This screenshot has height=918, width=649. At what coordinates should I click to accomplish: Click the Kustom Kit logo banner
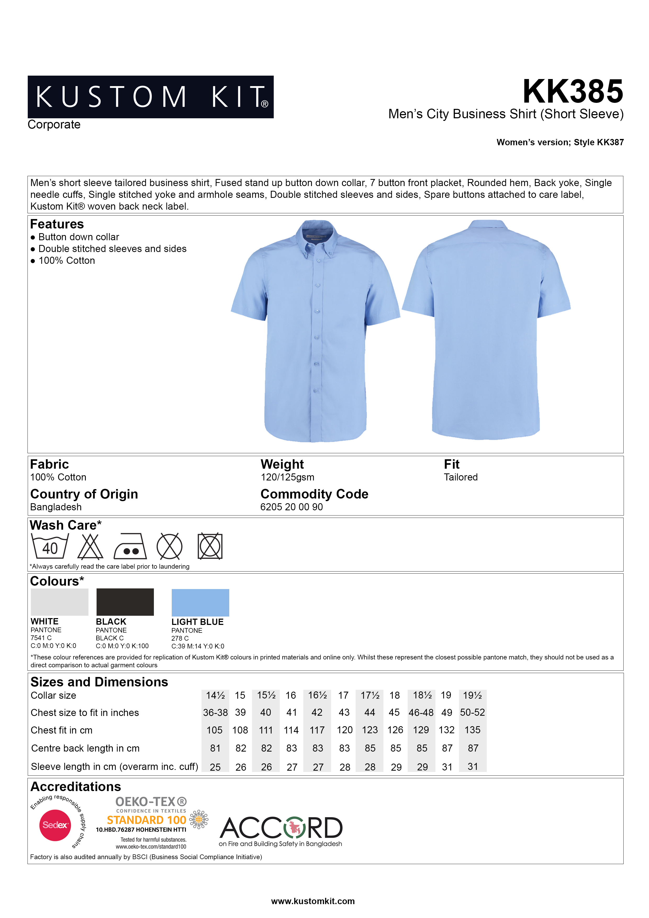[x=150, y=97]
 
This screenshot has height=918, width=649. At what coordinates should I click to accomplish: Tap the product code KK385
[x=573, y=92]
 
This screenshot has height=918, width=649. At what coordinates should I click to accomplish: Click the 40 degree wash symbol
[x=49, y=546]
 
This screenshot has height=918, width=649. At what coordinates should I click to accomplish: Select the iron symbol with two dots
[x=130, y=547]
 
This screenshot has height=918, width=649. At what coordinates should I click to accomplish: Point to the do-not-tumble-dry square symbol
[x=210, y=546]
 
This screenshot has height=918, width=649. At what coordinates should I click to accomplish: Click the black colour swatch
[x=125, y=602]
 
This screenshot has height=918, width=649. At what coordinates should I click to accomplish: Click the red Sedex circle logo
[x=55, y=825]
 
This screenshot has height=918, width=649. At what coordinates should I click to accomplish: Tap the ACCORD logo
[x=281, y=828]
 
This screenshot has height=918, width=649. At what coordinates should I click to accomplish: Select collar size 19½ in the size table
[x=472, y=695]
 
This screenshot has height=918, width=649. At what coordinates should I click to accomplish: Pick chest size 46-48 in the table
[x=421, y=713]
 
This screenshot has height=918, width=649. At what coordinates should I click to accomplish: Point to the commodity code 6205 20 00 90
[x=292, y=507]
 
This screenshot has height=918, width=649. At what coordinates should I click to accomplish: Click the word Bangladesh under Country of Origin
[x=56, y=507]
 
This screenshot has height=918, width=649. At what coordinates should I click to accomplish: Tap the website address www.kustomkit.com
[x=313, y=901]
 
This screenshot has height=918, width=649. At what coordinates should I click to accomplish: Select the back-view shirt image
[x=486, y=330]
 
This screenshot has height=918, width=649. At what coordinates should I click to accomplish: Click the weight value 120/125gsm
[x=288, y=477]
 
